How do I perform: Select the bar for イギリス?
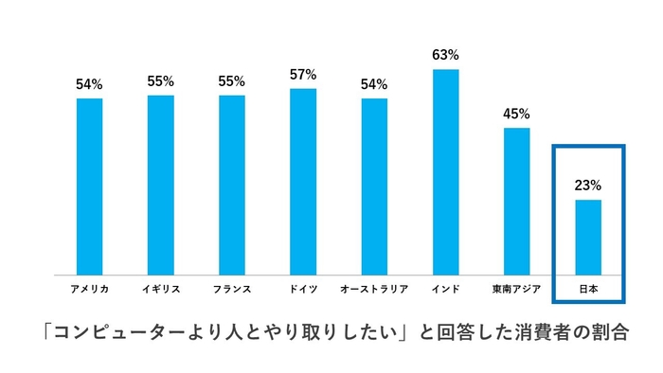coord(160,185)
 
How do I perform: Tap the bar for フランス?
coord(231,185)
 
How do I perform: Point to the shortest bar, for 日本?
coord(587,237)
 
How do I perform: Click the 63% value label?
coord(445,56)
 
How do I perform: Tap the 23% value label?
coord(587,186)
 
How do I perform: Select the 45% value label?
coord(516,114)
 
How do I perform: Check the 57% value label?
coord(303,75)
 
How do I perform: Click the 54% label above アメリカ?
coord(89,84)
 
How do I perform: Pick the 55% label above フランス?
coord(231,81)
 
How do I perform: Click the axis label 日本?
coord(587,287)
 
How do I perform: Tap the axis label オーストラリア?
coord(374,287)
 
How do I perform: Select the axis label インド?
coord(445,287)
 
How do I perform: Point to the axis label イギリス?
coord(160,287)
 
